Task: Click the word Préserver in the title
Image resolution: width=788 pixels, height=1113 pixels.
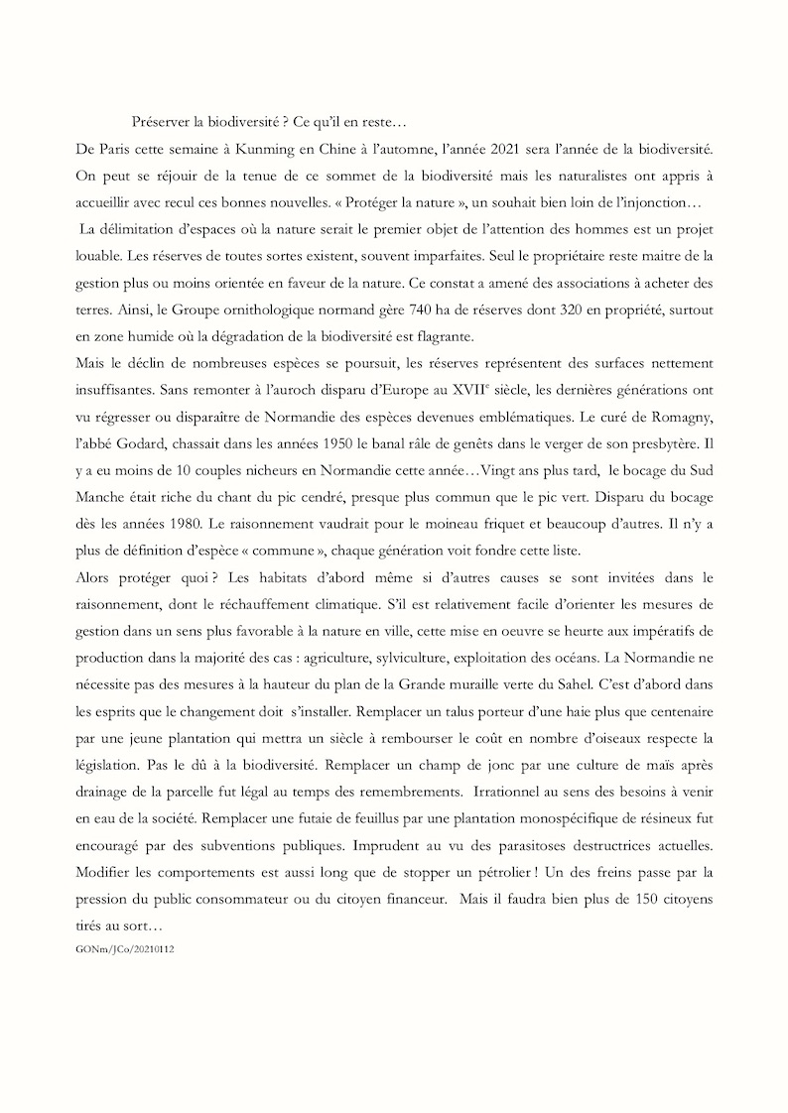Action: click(x=162, y=122)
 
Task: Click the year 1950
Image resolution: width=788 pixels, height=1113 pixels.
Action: click(x=367, y=439)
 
